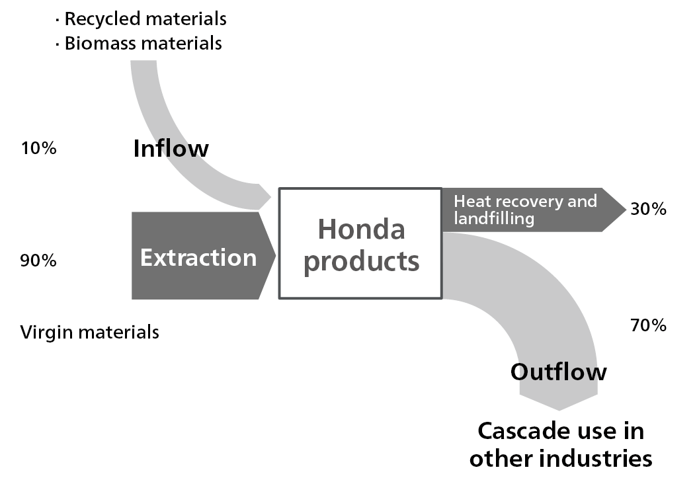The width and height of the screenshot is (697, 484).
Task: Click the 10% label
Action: [x=38, y=148]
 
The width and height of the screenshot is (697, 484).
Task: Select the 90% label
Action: [x=38, y=261]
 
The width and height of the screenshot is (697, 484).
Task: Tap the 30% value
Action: [x=648, y=210]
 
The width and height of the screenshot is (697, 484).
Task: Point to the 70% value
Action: [x=648, y=325]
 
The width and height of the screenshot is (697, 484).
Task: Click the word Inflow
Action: [x=171, y=148]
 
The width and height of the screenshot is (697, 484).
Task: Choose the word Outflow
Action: [x=558, y=372]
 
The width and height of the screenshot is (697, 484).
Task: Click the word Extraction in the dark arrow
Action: [x=198, y=257]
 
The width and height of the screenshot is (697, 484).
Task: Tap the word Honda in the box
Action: [x=361, y=229]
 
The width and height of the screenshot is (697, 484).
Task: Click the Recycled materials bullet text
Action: [x=145, y=19]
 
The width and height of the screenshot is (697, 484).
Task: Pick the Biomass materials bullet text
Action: [x=143, y=44]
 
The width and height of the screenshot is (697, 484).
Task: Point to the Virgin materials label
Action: [x=90, y=331]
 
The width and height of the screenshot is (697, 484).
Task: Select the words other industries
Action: [x=561, y=458]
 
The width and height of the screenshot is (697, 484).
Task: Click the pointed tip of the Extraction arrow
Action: [x=274, y=255]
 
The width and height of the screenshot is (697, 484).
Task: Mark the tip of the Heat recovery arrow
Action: [x=624, y=210]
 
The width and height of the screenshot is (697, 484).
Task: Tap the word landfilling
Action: [x=494, y=218]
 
